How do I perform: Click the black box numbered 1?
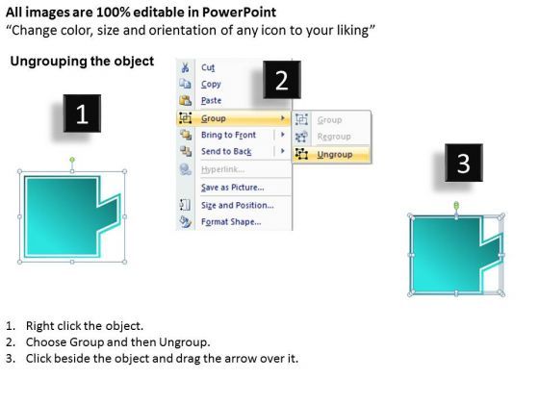tap(82, 116)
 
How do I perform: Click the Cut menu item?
tap(208, 68)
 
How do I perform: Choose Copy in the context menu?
tap(211, 85)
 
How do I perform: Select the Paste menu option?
tap(211, 101)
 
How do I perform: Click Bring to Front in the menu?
tap(228, 136)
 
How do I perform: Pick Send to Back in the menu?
tap(226, 152)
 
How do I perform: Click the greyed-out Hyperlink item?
tap(222, 169)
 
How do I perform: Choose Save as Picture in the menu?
tap(232, 187)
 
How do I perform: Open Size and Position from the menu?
tap(237, 205)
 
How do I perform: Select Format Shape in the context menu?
tap(231, 222)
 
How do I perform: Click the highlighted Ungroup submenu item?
tap(334, 154)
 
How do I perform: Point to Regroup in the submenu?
tap(334, 138)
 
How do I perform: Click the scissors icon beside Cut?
tap(184, 68)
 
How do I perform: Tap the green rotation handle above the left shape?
tap(72, 158)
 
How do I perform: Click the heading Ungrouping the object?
tap(81, 62)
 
